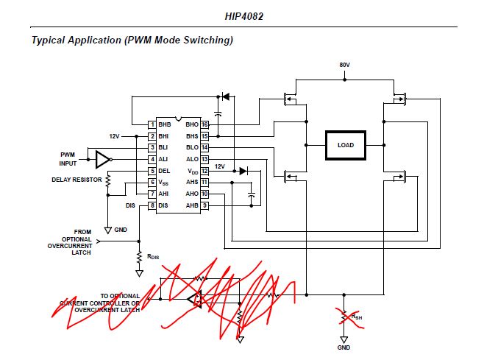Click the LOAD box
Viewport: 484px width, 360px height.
point(345,145)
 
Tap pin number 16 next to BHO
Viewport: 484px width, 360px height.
point(205,125)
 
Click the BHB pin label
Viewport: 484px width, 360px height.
point(164,125)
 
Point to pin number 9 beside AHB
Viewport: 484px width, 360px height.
point(205,205)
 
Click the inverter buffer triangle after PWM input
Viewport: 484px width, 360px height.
point(103,159)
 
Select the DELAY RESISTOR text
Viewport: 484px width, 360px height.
point(77,179)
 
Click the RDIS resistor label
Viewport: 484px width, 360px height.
point(153,257)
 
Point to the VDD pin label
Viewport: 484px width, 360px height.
point(192,171)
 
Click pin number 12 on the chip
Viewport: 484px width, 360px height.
point(205,171)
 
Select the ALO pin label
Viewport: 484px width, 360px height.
point(192,159)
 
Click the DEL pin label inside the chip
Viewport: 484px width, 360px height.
point(164,171)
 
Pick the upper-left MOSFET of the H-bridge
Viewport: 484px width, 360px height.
point(292,99)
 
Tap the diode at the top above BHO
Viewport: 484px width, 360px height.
point(225,96)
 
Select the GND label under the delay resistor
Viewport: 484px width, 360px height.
point(121,230)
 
